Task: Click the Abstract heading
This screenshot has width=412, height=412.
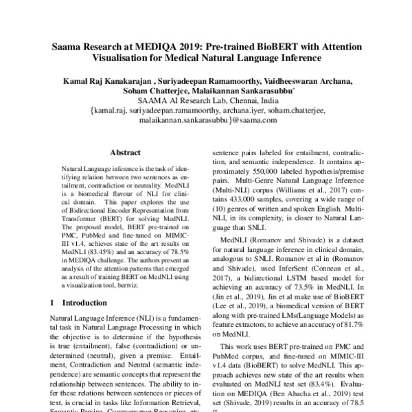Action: pos(126,154)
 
